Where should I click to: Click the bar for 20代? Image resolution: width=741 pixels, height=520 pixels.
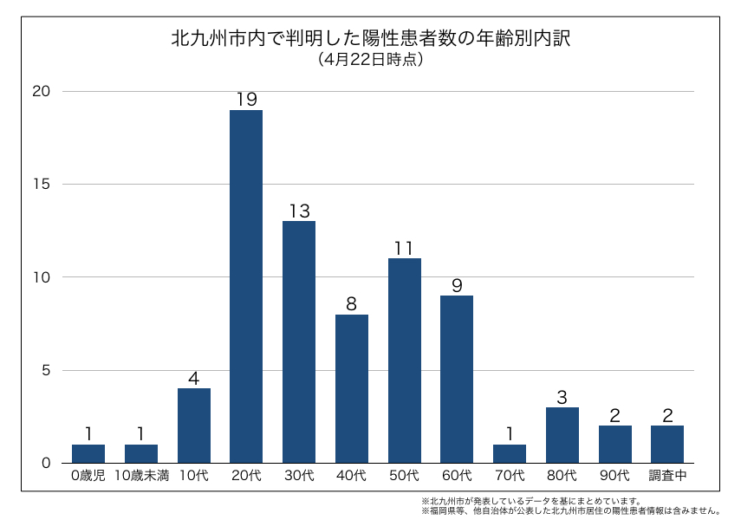[x=246, y=286]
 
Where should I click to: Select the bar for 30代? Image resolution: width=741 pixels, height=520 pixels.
[x=299, y=341]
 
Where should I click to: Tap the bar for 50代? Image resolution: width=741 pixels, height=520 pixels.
[x=404, y=360]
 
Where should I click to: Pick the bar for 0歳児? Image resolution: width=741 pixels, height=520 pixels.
[x=88, y=453]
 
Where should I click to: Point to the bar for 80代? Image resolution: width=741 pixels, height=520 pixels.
[x=562, y=434]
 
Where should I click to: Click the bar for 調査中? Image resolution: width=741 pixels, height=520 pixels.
[x=666, y=444]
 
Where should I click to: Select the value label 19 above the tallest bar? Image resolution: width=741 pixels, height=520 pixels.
[x=246, y=100]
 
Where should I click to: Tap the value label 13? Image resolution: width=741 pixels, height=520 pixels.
[x=299, y=211]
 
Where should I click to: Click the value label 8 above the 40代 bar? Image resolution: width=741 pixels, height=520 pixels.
[x=351, y=304]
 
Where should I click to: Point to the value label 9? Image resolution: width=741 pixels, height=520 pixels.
[x=457, y=285]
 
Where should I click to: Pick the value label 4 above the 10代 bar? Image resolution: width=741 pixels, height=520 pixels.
[x=194, y=378]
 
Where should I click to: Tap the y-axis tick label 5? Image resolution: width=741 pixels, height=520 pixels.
[x=47, y=370]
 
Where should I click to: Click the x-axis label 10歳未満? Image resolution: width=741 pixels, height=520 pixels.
[x=141, y=476]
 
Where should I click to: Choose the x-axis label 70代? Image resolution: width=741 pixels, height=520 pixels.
[x=510, y=476]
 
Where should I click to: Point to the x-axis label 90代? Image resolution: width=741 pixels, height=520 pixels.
[x=614, y=476]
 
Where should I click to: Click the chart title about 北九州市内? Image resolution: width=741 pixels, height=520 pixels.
[x=370, y=39]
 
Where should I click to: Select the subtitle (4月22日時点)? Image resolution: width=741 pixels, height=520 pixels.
[x=370, y=60]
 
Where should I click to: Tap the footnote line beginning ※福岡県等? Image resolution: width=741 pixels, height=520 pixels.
[x=572, y=510]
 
